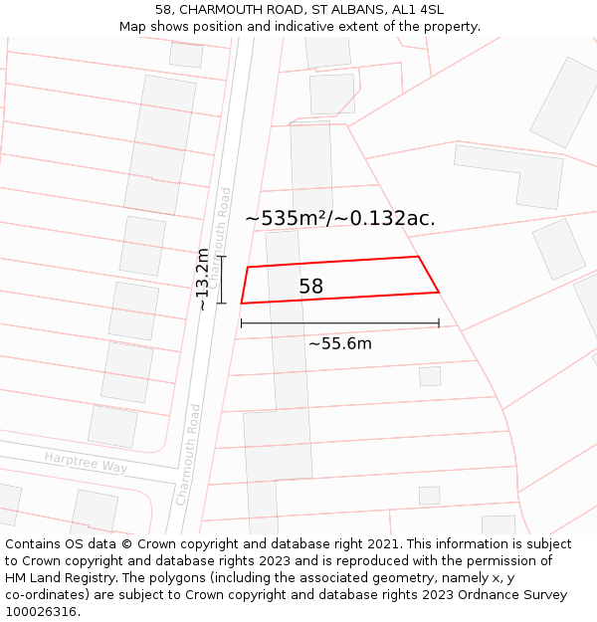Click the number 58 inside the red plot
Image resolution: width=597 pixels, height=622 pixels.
click(x=310, y=287)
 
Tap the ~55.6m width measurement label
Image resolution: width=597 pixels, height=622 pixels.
click(x=339, y=343)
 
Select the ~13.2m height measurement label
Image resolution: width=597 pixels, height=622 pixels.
click(x=203, y=280)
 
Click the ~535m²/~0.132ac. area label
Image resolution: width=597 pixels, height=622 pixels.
click(x=339, y=218)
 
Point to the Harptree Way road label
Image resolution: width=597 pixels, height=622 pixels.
click(x=86, y=462)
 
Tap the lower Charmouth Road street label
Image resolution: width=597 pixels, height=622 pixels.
click(x=188, y=454)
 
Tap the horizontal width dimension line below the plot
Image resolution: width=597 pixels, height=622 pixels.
click(x=339, y=323)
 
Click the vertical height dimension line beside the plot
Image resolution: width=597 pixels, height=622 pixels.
click(x=222, y=280)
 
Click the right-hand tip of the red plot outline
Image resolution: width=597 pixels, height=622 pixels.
click(x=438, y=292)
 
